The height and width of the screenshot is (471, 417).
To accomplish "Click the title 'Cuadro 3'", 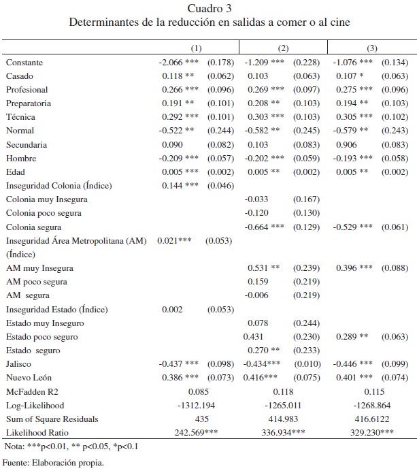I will [209, 8].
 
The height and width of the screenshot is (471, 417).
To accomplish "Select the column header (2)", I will [283, 48].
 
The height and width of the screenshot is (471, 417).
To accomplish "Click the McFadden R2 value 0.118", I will [283, 393].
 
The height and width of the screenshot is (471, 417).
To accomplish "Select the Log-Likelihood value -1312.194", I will [196, 406].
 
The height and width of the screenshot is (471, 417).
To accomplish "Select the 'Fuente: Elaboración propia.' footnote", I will [54, 464].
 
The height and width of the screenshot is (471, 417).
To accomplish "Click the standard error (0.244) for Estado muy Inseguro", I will [306, 323].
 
